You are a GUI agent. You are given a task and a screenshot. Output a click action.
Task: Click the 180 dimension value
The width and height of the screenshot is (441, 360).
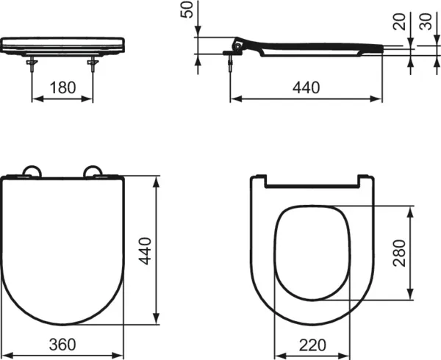tap(62, 87)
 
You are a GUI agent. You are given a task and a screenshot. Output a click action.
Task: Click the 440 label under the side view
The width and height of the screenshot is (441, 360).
tap(306, 87)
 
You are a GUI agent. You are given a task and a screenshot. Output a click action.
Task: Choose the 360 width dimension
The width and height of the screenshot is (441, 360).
tap(68, 343)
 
